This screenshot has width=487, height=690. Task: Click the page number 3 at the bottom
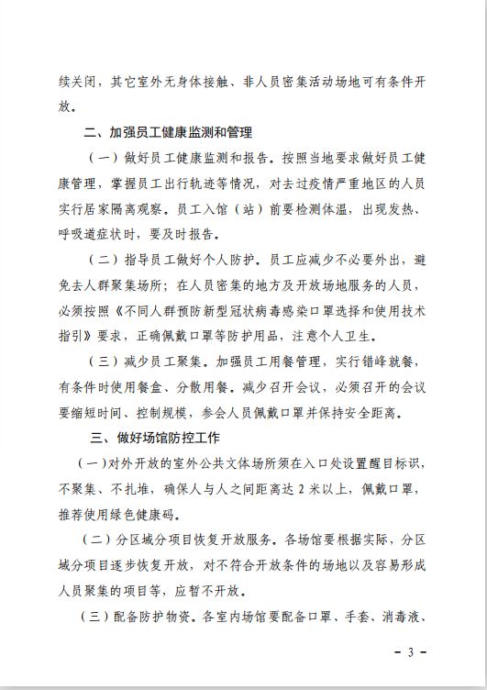pyautogui.click(x=412, y=652)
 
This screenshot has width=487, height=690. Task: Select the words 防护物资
pyautogui.click(x=169, y=616)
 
